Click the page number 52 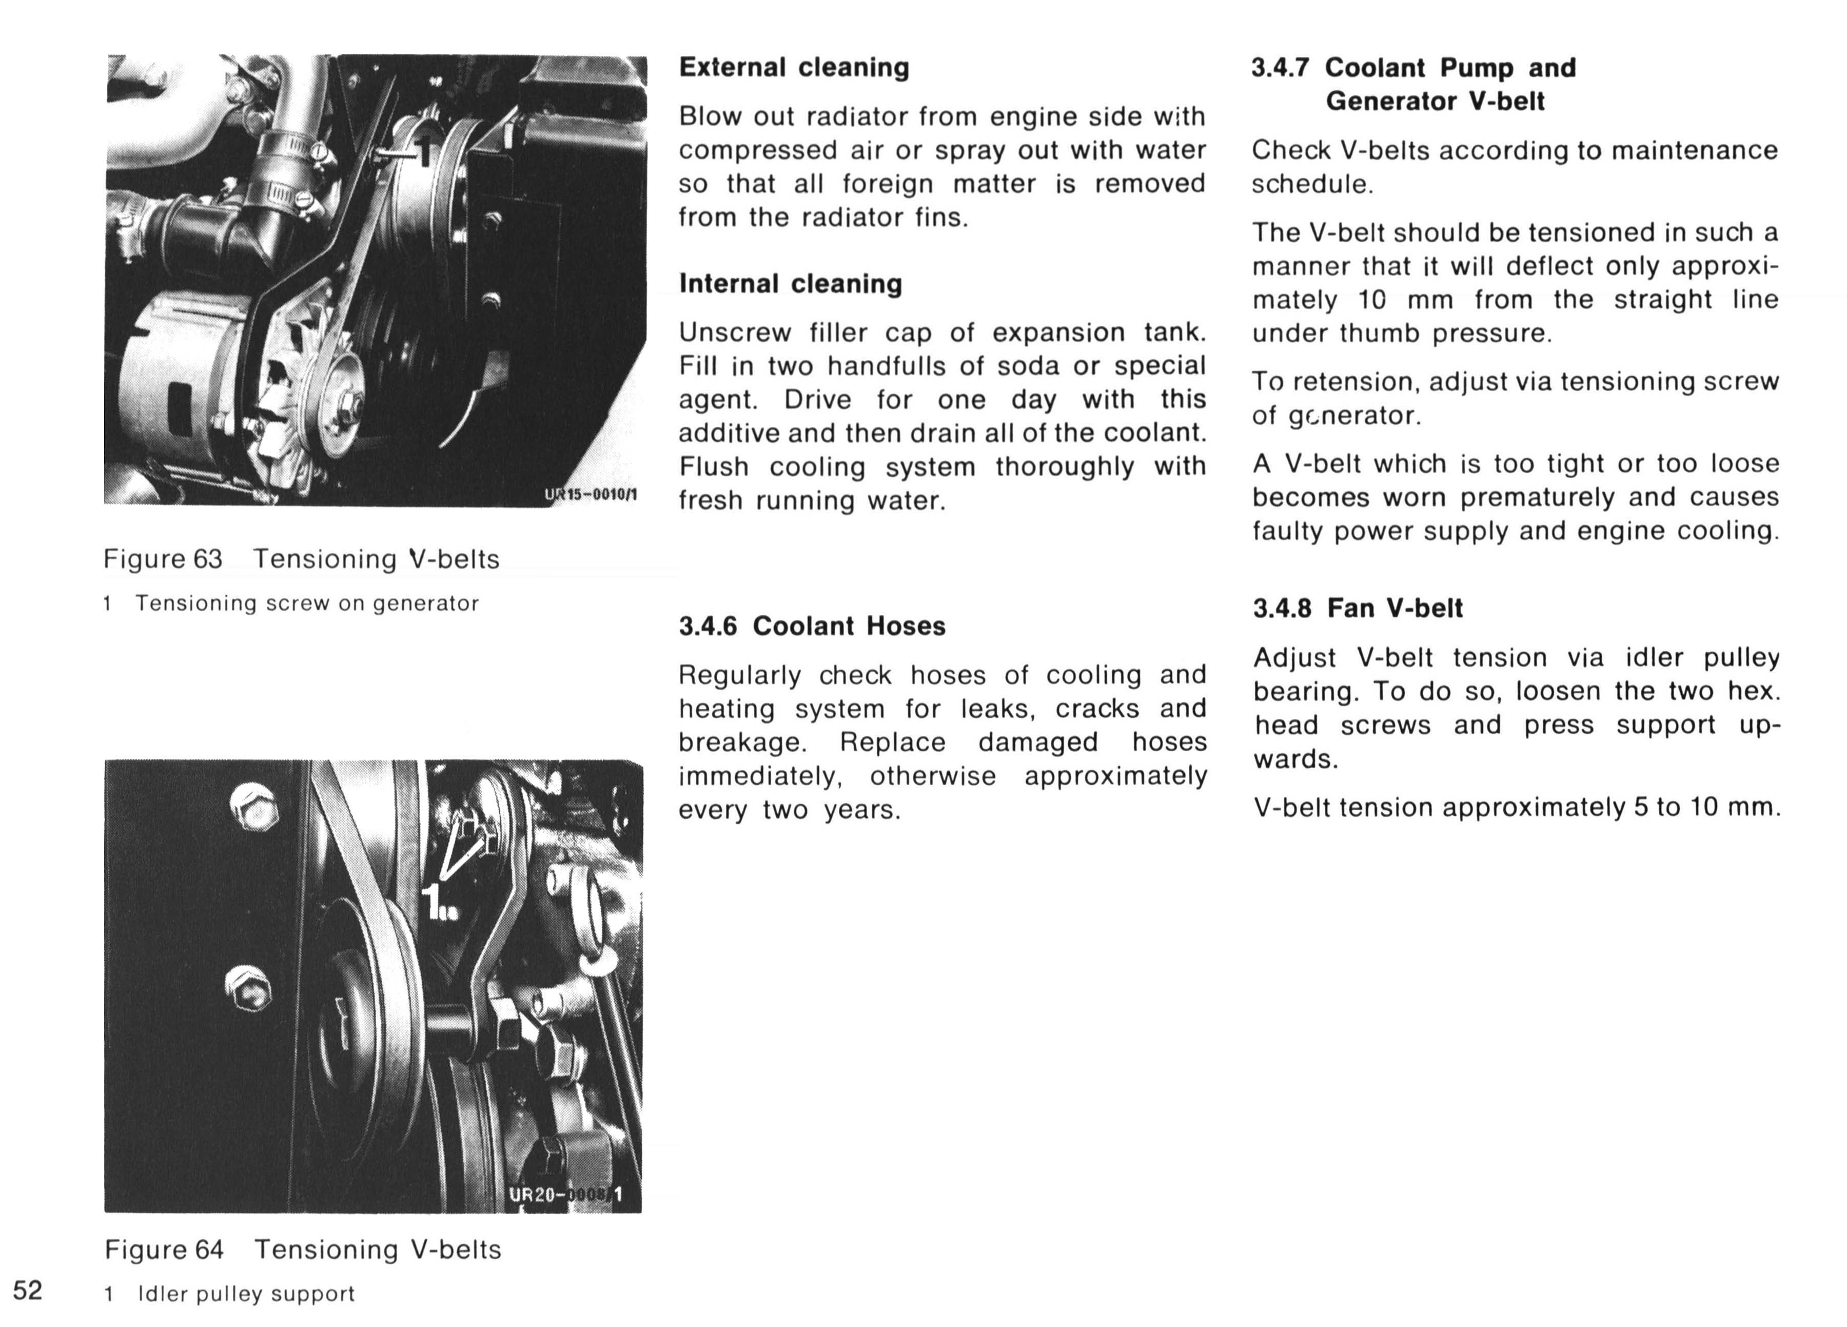[28, 1291]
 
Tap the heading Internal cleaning [791, 283]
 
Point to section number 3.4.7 [1280, 68]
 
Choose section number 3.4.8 [1282, 608]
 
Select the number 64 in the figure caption [208, 1250]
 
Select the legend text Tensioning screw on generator [307, 603]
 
